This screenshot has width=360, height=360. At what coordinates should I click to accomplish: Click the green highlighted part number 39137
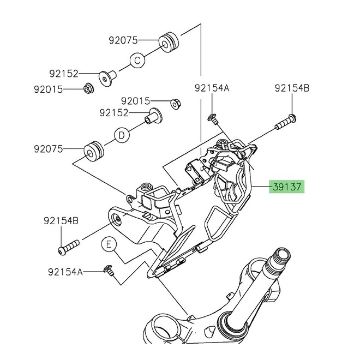[287, 187]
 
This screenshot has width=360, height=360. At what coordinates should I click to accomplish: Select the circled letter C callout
[137, 61]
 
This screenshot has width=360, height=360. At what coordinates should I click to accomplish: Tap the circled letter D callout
[122, 135]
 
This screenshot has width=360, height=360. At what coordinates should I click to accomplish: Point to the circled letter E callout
[109, 244]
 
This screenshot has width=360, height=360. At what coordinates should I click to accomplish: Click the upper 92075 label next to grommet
[123, 40]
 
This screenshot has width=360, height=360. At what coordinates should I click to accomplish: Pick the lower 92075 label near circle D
[48, 149]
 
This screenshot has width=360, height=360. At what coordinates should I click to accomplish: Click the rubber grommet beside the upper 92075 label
[169, 43]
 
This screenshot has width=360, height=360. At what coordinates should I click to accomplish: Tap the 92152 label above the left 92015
[64, 74]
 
